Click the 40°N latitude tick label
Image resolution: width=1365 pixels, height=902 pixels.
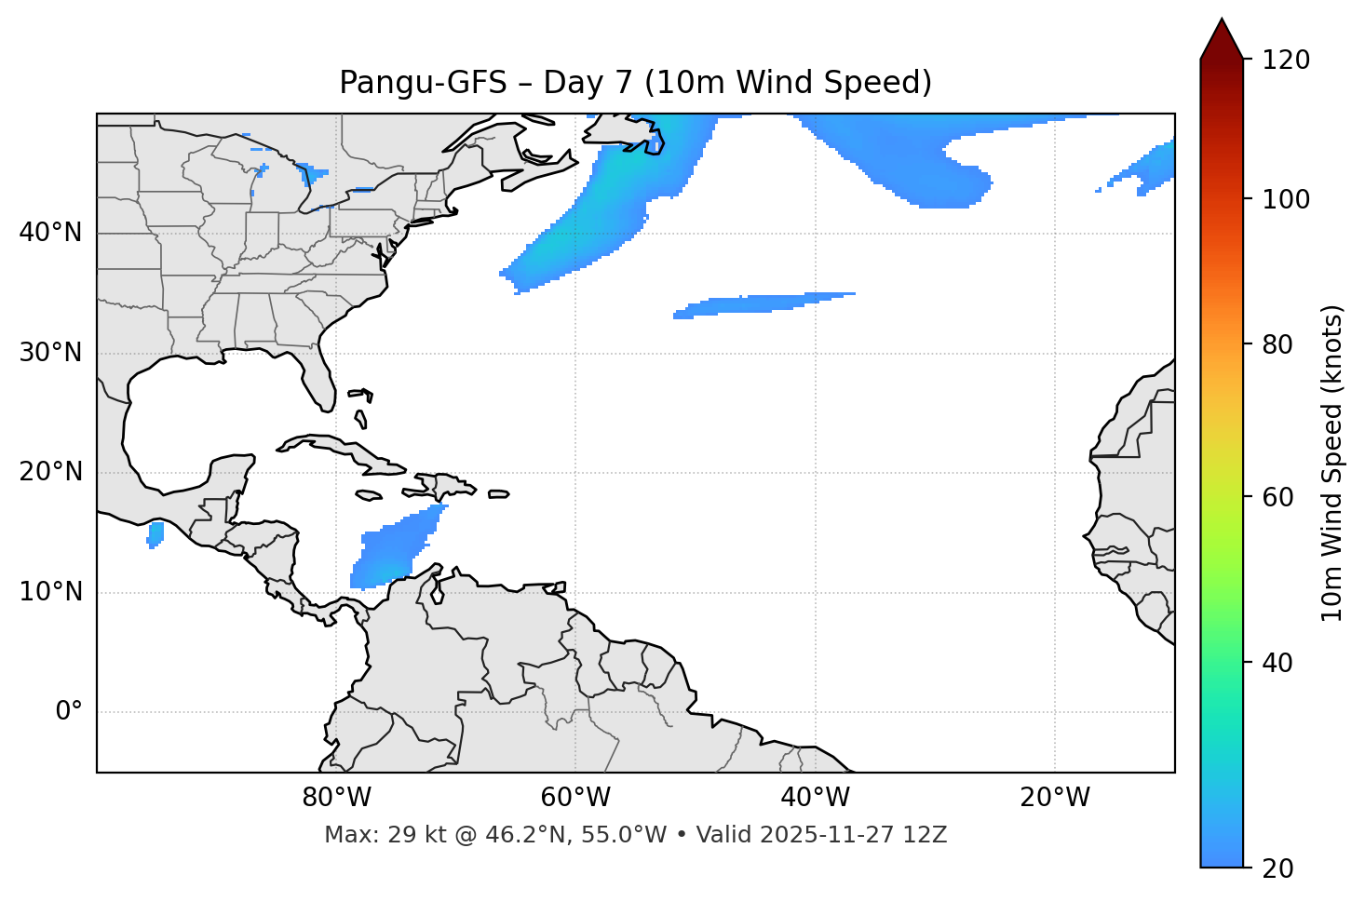coord(50,233)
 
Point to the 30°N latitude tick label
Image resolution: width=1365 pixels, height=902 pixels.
coord(50,353)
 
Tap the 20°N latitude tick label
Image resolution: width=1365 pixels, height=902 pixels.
coord(50,472)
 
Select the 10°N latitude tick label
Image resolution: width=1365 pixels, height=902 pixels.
coord(50,592)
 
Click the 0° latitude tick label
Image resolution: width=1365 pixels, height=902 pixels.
coord(69,712)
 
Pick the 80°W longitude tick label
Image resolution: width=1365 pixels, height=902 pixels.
coord(336,798)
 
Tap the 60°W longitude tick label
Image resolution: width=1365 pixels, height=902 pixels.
coord(575,798)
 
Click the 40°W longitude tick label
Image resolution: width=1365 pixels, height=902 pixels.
coord(815,798)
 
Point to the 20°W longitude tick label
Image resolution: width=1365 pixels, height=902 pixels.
coord(1055,798)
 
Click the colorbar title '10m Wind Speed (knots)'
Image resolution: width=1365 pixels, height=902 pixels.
coord(1332,464)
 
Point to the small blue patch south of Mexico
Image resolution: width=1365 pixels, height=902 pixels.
coord(155,534)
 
